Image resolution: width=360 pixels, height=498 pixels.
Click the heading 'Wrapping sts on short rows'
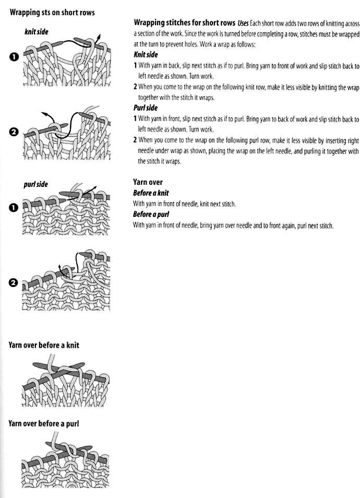click(x=52, y=13)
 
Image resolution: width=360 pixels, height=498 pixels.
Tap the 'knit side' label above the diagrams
click(x=37, y=32)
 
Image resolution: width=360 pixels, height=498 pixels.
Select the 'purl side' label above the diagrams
click(x=35, y=184)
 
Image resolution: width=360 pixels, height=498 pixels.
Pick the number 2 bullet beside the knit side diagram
click(x=14, y=132)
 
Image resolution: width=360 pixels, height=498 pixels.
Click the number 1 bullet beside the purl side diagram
click(x=14, y=208)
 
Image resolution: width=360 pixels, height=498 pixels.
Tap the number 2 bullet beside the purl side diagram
click(x=14, y=283)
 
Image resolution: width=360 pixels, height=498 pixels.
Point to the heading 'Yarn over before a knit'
click(x=44, y=345)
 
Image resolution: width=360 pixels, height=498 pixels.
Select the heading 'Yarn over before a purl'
click(x=44, y=424)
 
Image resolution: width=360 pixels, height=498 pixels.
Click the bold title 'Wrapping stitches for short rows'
click(x=185, y=23)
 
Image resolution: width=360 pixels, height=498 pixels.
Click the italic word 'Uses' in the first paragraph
click(x=243, y=23)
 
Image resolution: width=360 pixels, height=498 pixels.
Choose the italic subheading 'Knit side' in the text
click(x=146, y=55)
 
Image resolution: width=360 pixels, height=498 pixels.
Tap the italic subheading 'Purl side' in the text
click(x=146, y=108)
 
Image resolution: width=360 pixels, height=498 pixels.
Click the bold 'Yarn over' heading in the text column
click(x=148, y=182)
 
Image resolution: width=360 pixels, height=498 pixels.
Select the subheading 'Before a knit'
click(x=151, y=193)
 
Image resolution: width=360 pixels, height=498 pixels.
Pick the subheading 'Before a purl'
click(x=151, y=215)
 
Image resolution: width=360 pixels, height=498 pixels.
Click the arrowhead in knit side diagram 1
click(x=99, y=36)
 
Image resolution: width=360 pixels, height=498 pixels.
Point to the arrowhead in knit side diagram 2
click(x=44, y=113)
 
